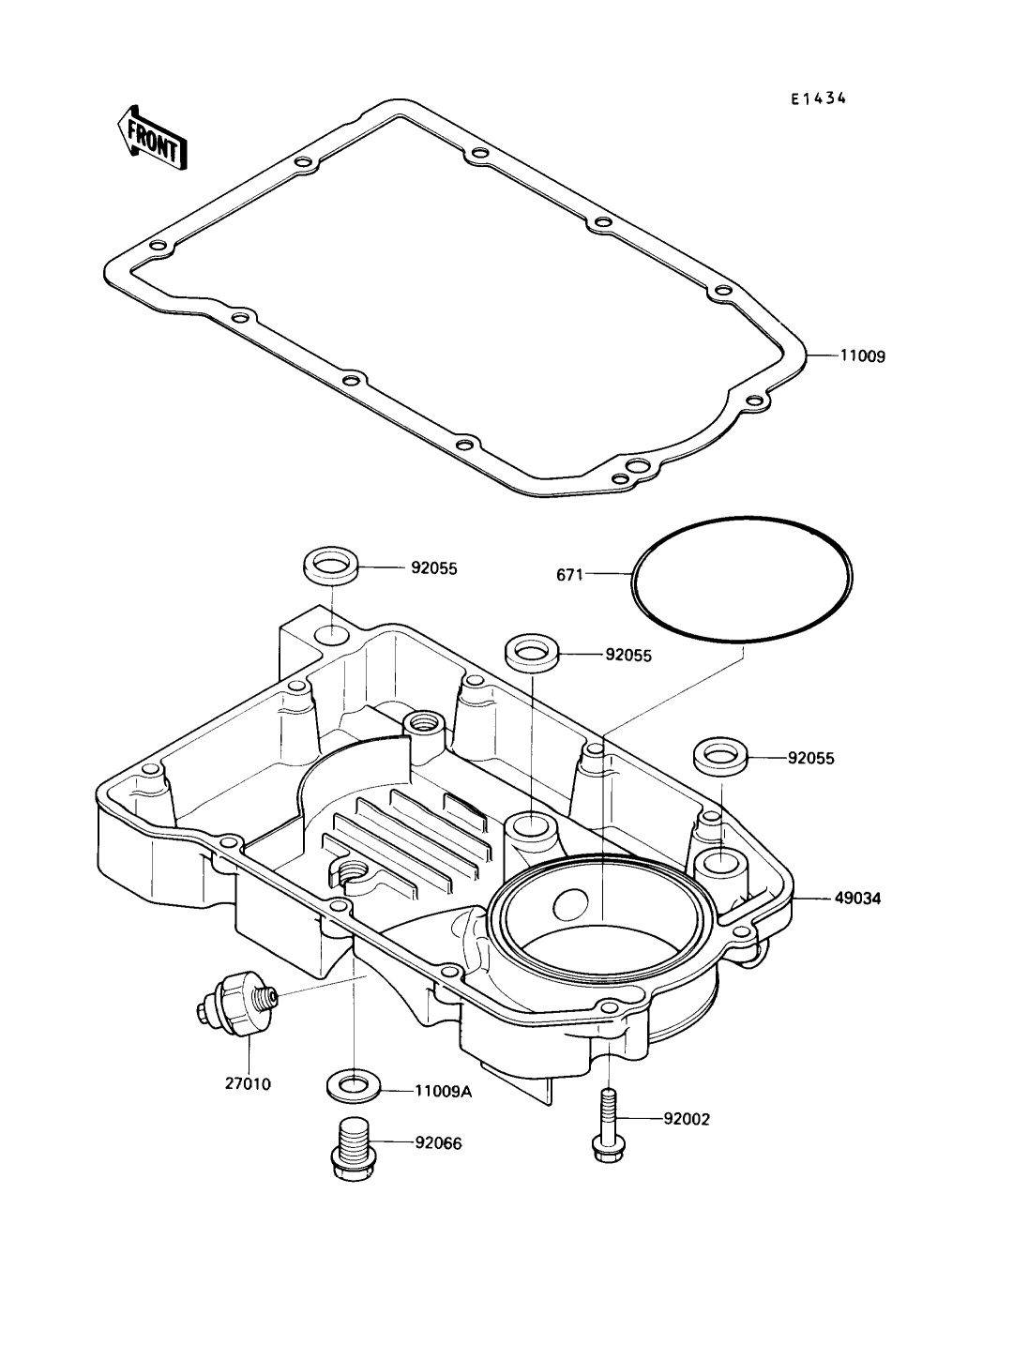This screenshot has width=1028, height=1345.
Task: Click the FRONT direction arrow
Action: [x=147, y=137]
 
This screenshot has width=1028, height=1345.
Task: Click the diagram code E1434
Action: [x=818, y=98]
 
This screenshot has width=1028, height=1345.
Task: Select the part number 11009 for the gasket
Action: [x=862, y=356]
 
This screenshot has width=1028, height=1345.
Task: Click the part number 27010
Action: [x=248, y=1083]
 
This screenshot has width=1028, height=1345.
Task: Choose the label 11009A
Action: [x=444, y=1091]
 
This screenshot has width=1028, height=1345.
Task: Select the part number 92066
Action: [x=438, y=1142]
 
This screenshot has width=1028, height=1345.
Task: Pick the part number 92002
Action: [x=687, y=1118]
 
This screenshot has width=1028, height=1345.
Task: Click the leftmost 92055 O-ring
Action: [x=330, y=567]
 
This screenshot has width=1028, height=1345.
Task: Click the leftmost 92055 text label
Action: [x=433, y=568]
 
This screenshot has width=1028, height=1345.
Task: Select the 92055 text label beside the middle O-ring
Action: [x=627, y=656]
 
